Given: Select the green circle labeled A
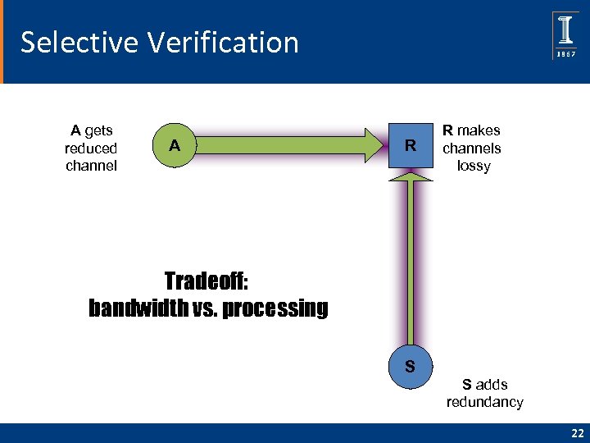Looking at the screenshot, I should click(174, 146).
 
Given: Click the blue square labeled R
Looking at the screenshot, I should click(411, 147).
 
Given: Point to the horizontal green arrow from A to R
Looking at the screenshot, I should click(287, 146).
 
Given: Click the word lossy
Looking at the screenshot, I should click(474, 167).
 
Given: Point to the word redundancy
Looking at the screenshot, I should click(484, 402).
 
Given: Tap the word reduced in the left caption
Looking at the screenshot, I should click(91, 148).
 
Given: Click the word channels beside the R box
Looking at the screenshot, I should click(471, 148).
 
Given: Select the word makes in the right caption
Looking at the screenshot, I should click(479, 130).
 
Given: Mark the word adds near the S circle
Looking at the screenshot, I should click(492, 384).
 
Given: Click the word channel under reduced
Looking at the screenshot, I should click(91, 167).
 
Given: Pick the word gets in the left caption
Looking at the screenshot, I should click(98, 130).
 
